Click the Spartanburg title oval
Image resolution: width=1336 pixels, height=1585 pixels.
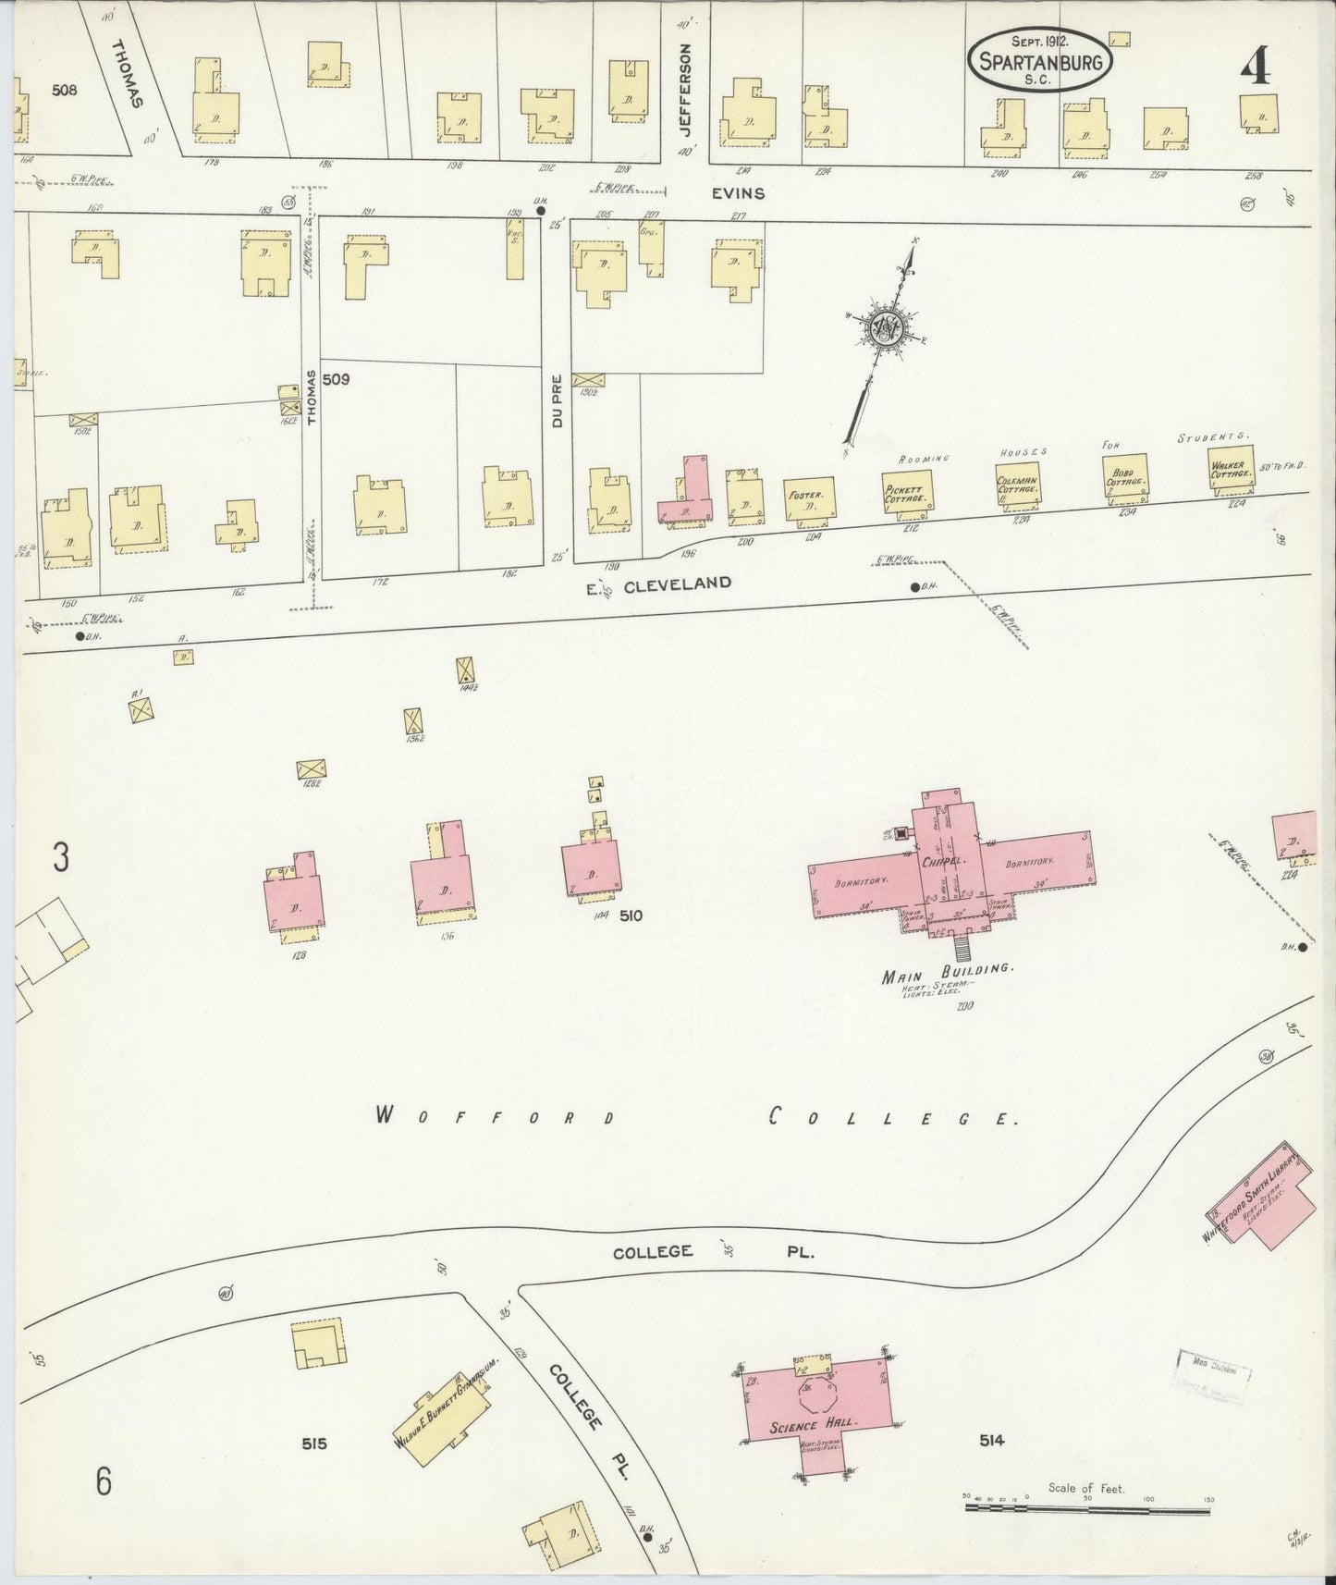click(x=1040, y=60)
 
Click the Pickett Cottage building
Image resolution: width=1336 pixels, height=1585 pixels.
click(x=906, y=494)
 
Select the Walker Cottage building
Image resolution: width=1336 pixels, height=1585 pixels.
click(x=1230, y=472)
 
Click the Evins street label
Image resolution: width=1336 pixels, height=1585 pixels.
click(x=739, y=193)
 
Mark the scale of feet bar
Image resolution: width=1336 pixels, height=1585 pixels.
click(x=1086, y=1508)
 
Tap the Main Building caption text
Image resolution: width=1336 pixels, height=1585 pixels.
click(x=950, y=970)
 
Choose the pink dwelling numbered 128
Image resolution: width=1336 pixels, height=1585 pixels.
click(x=294, y=901)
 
